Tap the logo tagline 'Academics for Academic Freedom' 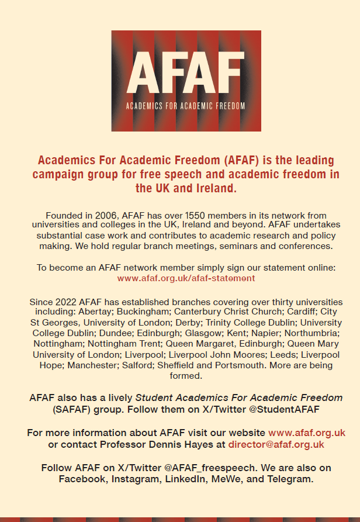pyautogui.click(x=186, y=106)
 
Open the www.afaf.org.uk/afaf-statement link pyautogui.click(x=186, y=278)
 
